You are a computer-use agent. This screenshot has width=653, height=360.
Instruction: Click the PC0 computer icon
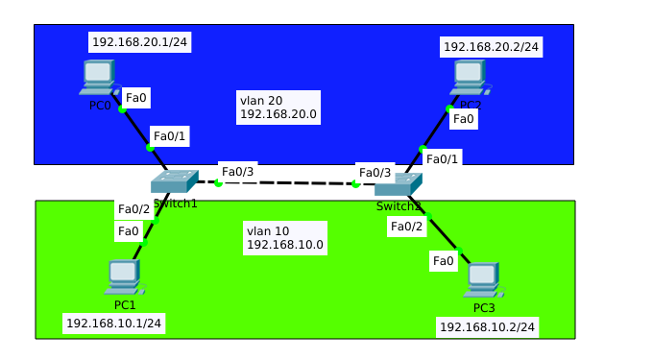tap(97, 77)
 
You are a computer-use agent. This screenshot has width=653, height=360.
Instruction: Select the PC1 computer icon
tap(124, 276)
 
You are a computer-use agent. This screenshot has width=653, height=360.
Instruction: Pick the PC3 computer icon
tap(482, 279)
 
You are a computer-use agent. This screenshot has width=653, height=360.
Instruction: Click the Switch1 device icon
tap(174, 180)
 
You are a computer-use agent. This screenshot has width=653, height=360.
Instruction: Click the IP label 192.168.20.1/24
tap(139, 42)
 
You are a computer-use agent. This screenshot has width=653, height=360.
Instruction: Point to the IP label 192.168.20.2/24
tap(491, 46)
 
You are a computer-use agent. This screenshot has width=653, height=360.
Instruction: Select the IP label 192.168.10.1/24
tap(113, 323)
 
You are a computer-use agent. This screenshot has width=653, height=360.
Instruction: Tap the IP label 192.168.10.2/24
tap(487, 327)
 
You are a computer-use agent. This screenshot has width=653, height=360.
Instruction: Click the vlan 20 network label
tap(278, 107)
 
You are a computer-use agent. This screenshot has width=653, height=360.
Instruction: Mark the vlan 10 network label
tap(285, 238)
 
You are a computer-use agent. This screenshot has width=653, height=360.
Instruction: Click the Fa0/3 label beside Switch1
tap(237, 172)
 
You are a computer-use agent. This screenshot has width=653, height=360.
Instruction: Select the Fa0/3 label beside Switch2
tap(375, 173)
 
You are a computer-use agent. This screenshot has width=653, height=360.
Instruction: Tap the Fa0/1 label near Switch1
tap(170, 136)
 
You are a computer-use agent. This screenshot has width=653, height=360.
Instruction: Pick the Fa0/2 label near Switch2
tap(406, 227)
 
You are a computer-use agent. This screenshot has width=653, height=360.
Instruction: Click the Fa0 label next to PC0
tap(136, 97)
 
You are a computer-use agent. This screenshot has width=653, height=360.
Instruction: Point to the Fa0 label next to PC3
tap(443, 260)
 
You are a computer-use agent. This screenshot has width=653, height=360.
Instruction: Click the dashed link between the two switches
tap(288, 182)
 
